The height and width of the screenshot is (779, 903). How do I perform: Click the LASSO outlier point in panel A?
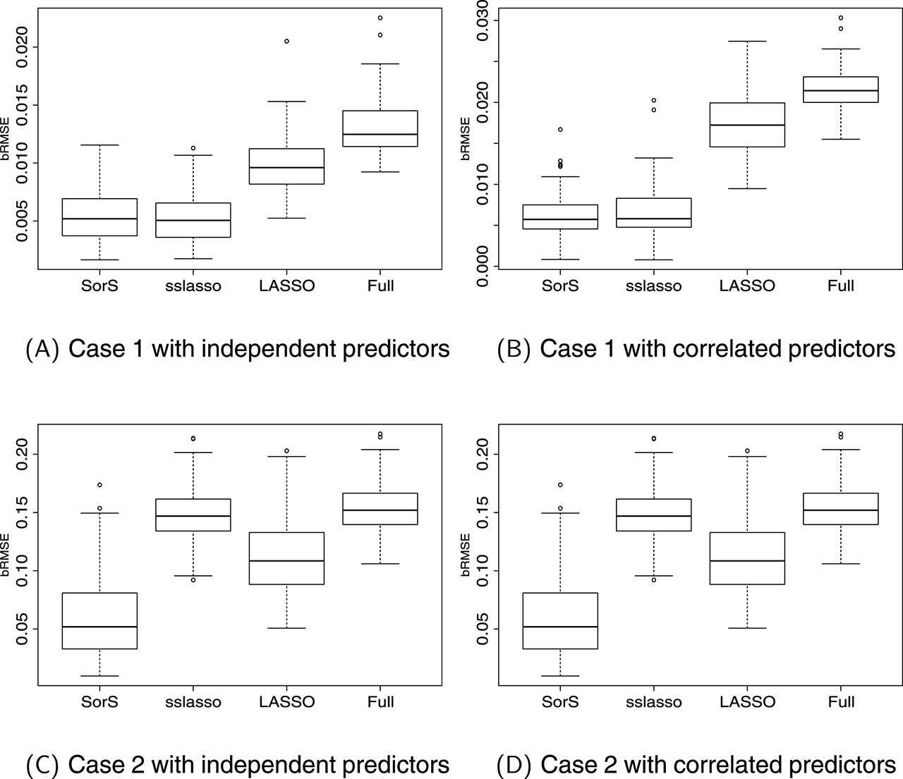pos(286,42)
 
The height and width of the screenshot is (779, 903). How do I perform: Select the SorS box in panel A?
pos(99,217)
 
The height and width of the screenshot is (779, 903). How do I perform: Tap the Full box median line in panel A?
pos(380,134)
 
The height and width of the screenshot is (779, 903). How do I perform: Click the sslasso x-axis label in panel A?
pos(193,286)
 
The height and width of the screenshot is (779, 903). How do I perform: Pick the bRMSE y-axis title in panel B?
pos(466,139)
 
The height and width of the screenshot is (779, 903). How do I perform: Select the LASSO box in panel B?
pos(747,125)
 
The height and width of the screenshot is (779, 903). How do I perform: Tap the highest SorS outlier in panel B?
pos(560,130)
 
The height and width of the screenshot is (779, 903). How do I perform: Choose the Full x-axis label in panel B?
pos(840,286)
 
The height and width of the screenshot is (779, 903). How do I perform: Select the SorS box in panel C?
pos(99,620)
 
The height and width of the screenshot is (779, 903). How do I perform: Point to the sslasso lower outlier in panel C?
pos(193,579)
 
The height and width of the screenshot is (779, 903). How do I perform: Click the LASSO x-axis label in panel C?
pos(286,701)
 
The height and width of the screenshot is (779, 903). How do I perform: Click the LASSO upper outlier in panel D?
pos(747,451)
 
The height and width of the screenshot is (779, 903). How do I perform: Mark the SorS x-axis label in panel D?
pos(560,701)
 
